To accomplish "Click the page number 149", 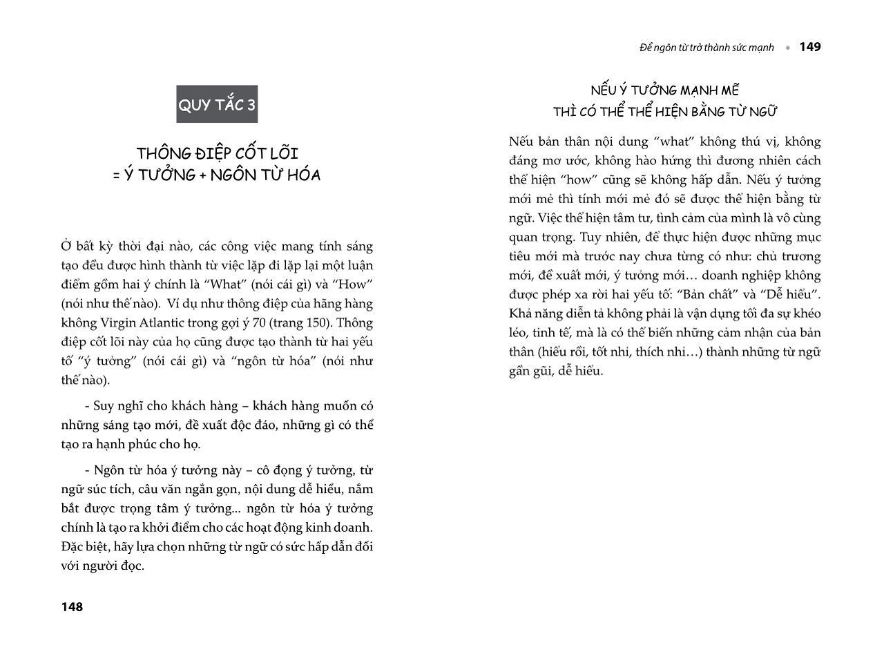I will [x=810, y=47].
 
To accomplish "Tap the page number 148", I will [x=72, y=607].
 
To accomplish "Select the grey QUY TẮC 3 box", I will [x=217, y=104].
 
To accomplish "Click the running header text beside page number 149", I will [x=707, y=48].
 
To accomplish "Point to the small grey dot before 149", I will [x=787, y=48].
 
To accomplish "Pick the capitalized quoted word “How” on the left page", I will [x=357, y=285].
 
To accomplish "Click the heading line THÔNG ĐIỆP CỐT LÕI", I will [x=217, y=153].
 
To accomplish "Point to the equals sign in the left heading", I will [x=117, y=175].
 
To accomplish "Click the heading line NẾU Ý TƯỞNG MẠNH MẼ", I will [x=664, y=90].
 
